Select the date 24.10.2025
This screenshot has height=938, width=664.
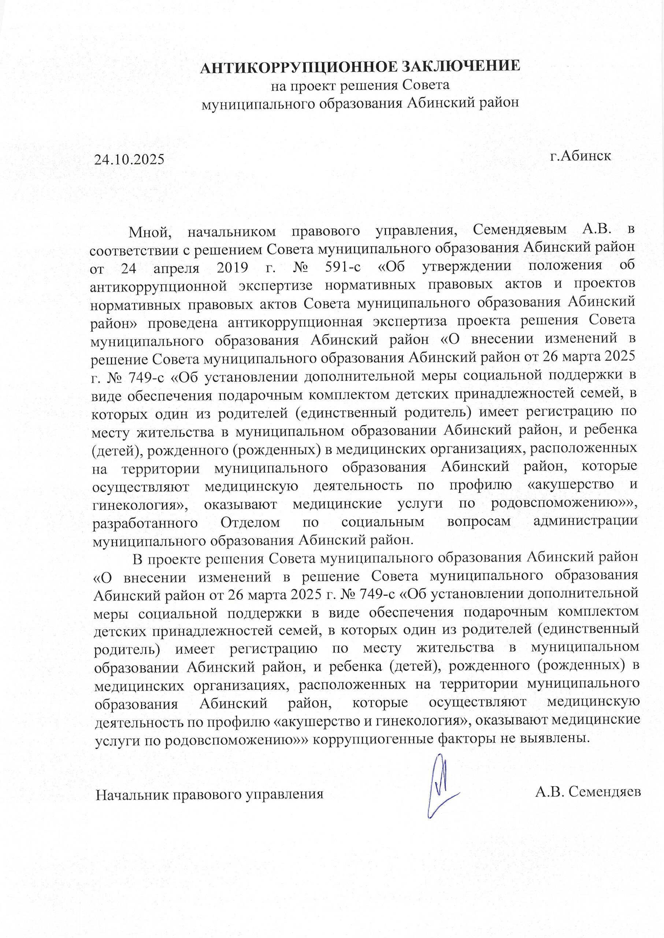(129, 158)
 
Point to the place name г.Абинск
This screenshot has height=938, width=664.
(580, 156)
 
